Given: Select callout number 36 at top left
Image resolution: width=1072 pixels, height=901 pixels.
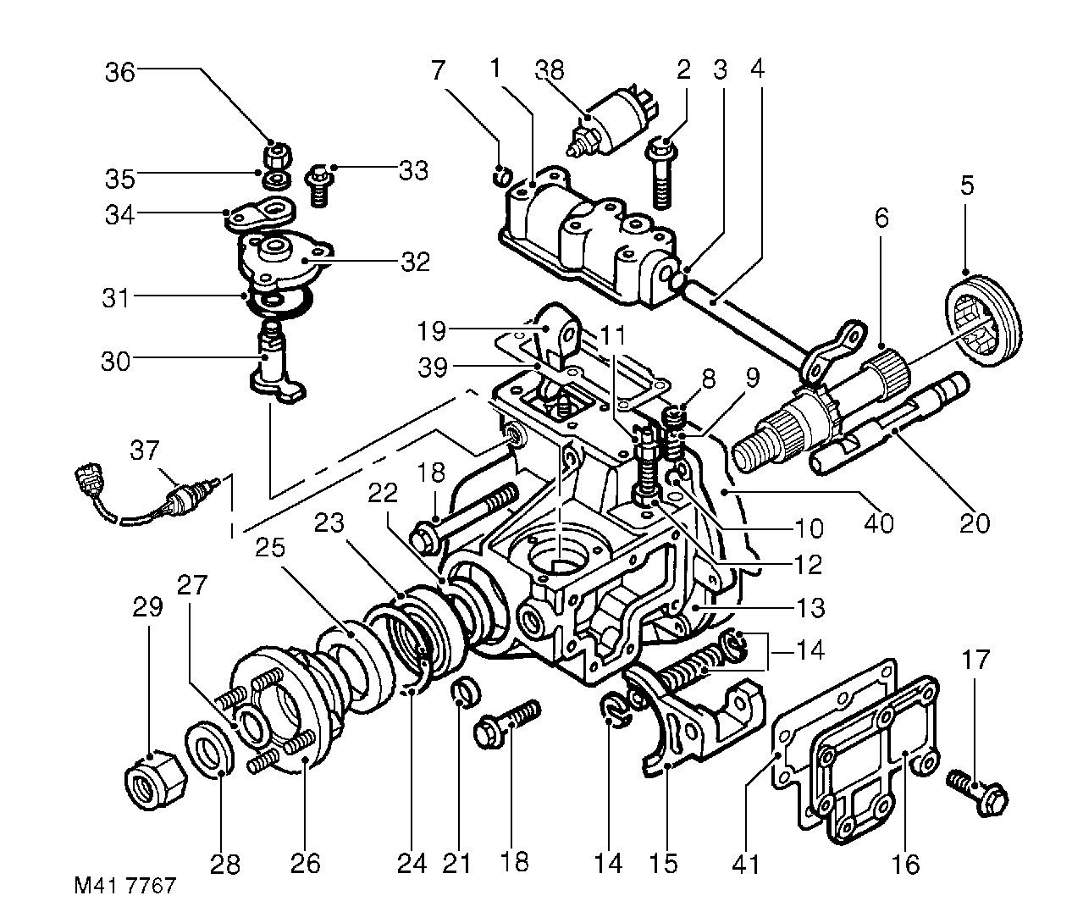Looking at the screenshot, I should tap(119, 72).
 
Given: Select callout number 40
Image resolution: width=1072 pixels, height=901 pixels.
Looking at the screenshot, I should tap(880, 524).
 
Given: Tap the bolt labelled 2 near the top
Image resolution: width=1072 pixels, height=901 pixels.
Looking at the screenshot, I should tap(661, 174).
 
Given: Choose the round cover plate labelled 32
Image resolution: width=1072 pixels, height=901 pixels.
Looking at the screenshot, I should tap(279, 258).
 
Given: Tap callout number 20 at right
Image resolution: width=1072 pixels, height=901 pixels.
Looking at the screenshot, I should tap(974, 523).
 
